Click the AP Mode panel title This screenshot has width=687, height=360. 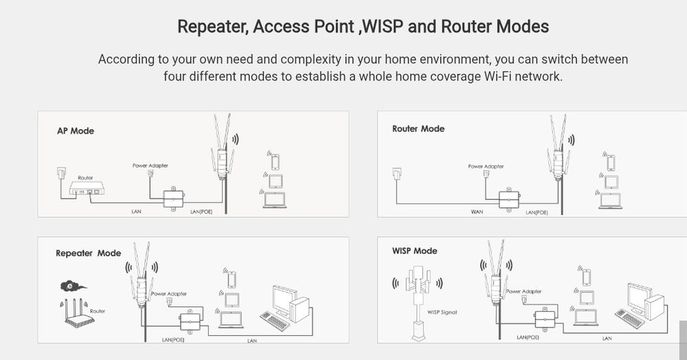[x=75, y=131]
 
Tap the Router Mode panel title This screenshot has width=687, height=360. [x=418, y=128]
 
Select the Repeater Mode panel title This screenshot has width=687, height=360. [x=88, y=253]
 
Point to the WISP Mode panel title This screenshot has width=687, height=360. [x=414, y=251]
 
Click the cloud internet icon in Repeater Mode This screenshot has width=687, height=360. [x=69, y=285]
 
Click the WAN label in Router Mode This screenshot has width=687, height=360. [x=477, y=212]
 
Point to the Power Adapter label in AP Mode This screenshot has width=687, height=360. [x=150, y=166]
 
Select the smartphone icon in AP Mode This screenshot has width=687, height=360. [x=275, y=161]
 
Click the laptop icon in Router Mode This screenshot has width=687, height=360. [x=609, y=201]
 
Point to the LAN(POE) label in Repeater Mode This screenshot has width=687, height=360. [x=174, y=339]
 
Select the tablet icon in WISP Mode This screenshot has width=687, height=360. [x=585, y=297]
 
